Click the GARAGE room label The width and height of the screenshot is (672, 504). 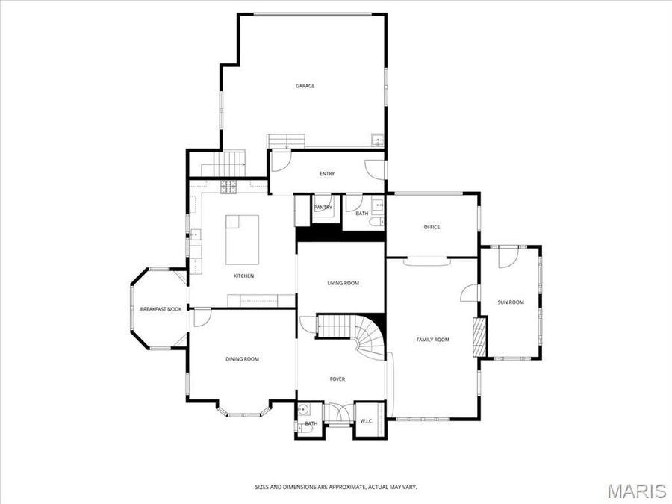point(305,86)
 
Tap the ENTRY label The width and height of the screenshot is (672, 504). point(327,174)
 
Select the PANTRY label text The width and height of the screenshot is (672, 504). point(323,207)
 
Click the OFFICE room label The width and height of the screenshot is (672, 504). point(432,227)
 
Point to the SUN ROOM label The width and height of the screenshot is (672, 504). point(511,302)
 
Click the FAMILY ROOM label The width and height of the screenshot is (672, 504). point(432,340)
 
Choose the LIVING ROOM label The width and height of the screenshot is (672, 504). point(343,283)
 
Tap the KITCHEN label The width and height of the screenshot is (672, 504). point(243,276)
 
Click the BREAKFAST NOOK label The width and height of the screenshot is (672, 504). point(161,309)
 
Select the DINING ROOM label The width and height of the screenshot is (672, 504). point(242,359)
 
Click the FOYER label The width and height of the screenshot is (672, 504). point(337,379)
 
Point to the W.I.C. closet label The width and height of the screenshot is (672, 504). point(366,421)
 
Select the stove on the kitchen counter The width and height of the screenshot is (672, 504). point(228,187)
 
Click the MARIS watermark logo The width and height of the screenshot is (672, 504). point(636,491)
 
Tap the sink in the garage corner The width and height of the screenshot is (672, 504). point(378,140)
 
